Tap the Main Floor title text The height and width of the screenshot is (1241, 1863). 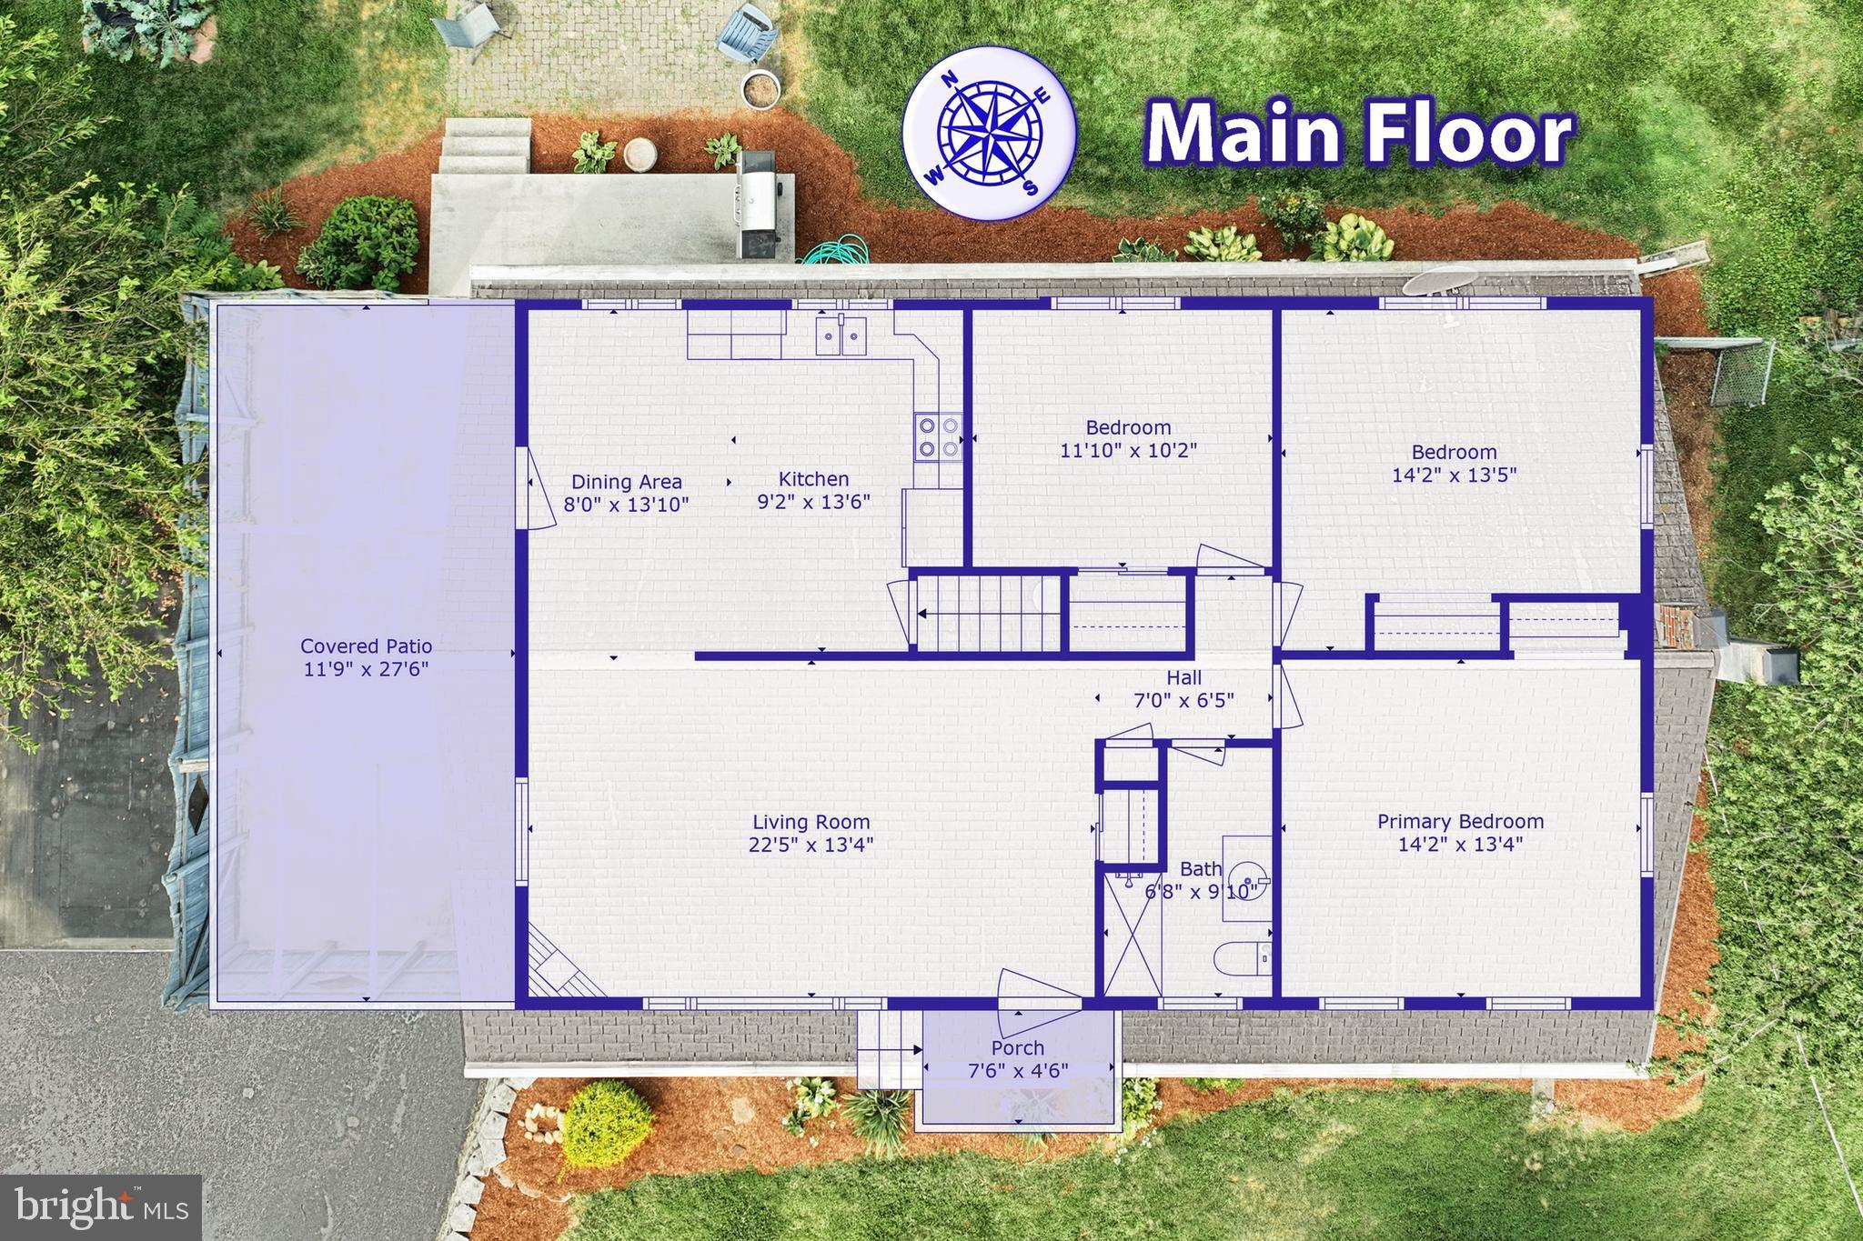[1359, 135]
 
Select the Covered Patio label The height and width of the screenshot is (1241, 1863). [366, 646]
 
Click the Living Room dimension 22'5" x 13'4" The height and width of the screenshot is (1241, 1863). [810, 845]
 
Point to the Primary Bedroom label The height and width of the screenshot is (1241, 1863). [1460, 822]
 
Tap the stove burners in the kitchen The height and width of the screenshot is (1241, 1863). [938, 436]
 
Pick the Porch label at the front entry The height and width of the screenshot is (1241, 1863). [1017, 1048]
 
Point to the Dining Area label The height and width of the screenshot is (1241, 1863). [626, 483]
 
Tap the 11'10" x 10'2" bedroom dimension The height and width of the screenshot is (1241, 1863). [1128, 450]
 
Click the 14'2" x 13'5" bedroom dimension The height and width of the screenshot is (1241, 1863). [1454, 475]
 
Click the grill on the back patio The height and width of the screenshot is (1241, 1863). [755, 205]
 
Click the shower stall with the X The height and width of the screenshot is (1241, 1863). [1131, 935]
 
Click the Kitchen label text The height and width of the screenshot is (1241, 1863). [813, 479]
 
